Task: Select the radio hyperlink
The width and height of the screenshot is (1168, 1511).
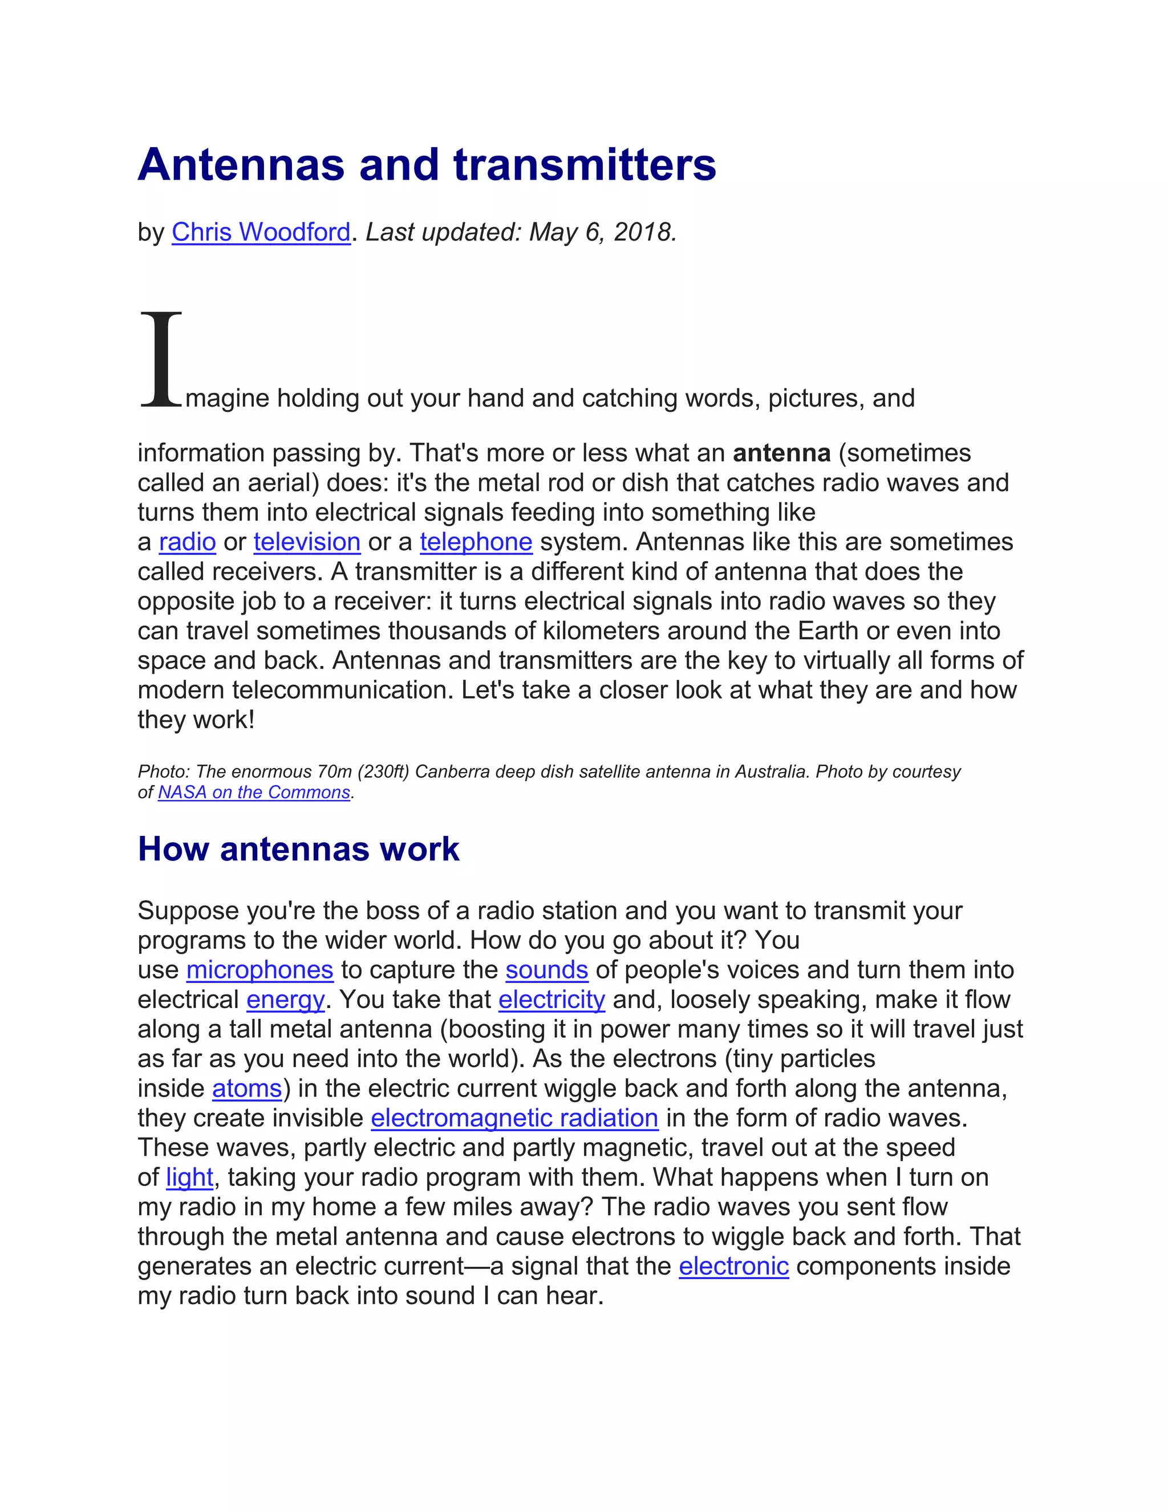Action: [x=188, y=542]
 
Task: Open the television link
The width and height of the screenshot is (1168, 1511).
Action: [x=306, y=542]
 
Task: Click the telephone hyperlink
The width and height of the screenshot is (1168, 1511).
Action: [x=476, y=542]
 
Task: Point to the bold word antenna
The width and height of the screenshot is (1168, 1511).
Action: [x=782, y=453]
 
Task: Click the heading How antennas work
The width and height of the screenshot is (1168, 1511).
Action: [x=298, y=849]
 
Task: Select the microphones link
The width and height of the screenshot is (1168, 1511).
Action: [x=259, y=970]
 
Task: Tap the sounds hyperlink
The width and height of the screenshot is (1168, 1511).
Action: [x=546, y=970]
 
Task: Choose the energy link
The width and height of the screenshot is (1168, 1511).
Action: [x=285, y=1000]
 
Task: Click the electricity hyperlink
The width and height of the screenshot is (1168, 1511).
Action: [x=551, y=1000]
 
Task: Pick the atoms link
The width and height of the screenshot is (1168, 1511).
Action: [x=247, y=1089]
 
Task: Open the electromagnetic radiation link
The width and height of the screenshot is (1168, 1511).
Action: [x=514, y=1119]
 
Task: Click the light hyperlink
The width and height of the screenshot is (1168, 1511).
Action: [x=189, y=1177]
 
